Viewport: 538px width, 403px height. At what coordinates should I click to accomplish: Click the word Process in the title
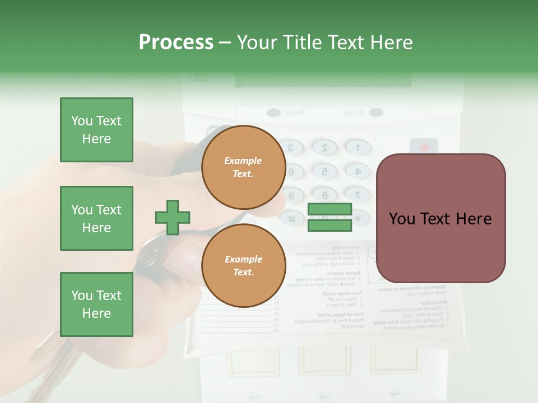point(176,42)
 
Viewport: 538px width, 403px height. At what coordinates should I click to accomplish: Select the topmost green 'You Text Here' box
point(96,130)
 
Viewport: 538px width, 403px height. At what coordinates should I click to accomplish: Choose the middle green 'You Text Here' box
point(96,218)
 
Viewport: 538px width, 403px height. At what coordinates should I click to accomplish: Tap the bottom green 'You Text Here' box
point(96,304)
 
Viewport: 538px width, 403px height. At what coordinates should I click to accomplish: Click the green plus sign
point(173,217)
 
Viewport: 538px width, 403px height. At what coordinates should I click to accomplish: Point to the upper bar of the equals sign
point(330,209)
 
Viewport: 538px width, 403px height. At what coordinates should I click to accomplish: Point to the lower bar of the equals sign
point(330,225)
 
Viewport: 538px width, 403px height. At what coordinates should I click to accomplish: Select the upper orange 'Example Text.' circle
point(243,167)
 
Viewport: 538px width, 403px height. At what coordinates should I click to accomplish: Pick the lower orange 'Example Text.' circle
point(243,266)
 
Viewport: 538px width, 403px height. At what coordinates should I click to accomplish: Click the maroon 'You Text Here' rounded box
point(441,218)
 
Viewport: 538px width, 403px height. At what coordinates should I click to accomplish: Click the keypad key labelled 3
point(291,148)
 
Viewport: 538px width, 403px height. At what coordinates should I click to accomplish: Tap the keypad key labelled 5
point(323,171)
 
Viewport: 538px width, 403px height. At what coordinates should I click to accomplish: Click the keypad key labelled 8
point(323,195)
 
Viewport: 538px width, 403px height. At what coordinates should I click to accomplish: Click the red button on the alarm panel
point(424,147)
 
